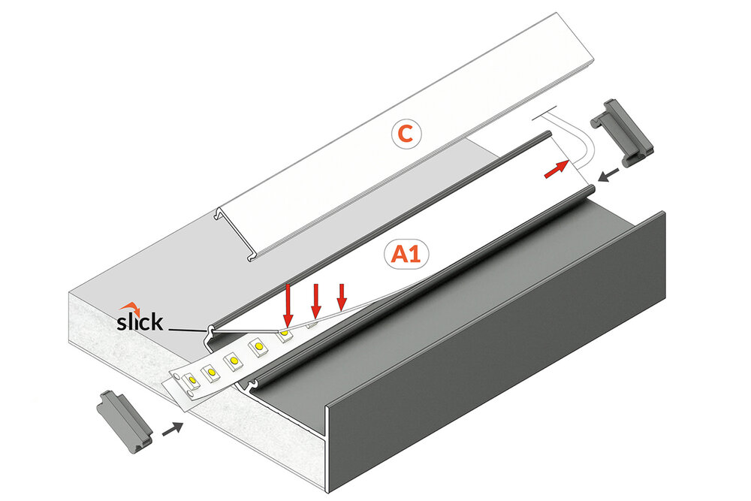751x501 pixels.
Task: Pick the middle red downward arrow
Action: tap(316, 300)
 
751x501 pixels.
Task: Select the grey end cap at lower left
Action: tap(123, 420)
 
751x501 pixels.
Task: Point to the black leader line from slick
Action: tap(186, 329)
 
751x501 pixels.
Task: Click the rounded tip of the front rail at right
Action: tap(586, 193)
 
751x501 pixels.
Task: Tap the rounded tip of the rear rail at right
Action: tap(546, 137)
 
